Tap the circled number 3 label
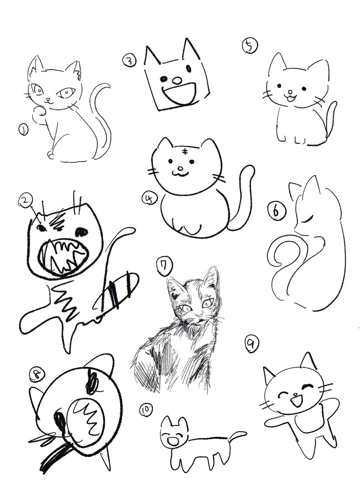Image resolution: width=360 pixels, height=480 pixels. (129, 61)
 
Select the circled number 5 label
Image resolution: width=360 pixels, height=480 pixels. (248, 46)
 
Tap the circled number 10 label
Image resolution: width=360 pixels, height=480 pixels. (146, 409)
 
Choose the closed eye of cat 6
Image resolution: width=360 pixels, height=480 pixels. (307, 220)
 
